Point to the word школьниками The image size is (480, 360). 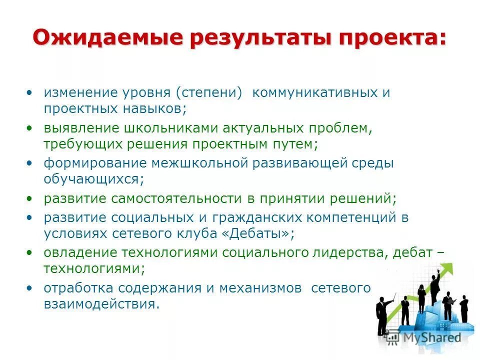pyautogui.click(x=162, y=128)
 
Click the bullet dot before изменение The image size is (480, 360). pyautogui.click(x=30, y=93)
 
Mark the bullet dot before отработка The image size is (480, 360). pyautogui.click(x=30, y=288)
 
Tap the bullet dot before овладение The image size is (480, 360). pyautogui.click(x=30, y=253)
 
